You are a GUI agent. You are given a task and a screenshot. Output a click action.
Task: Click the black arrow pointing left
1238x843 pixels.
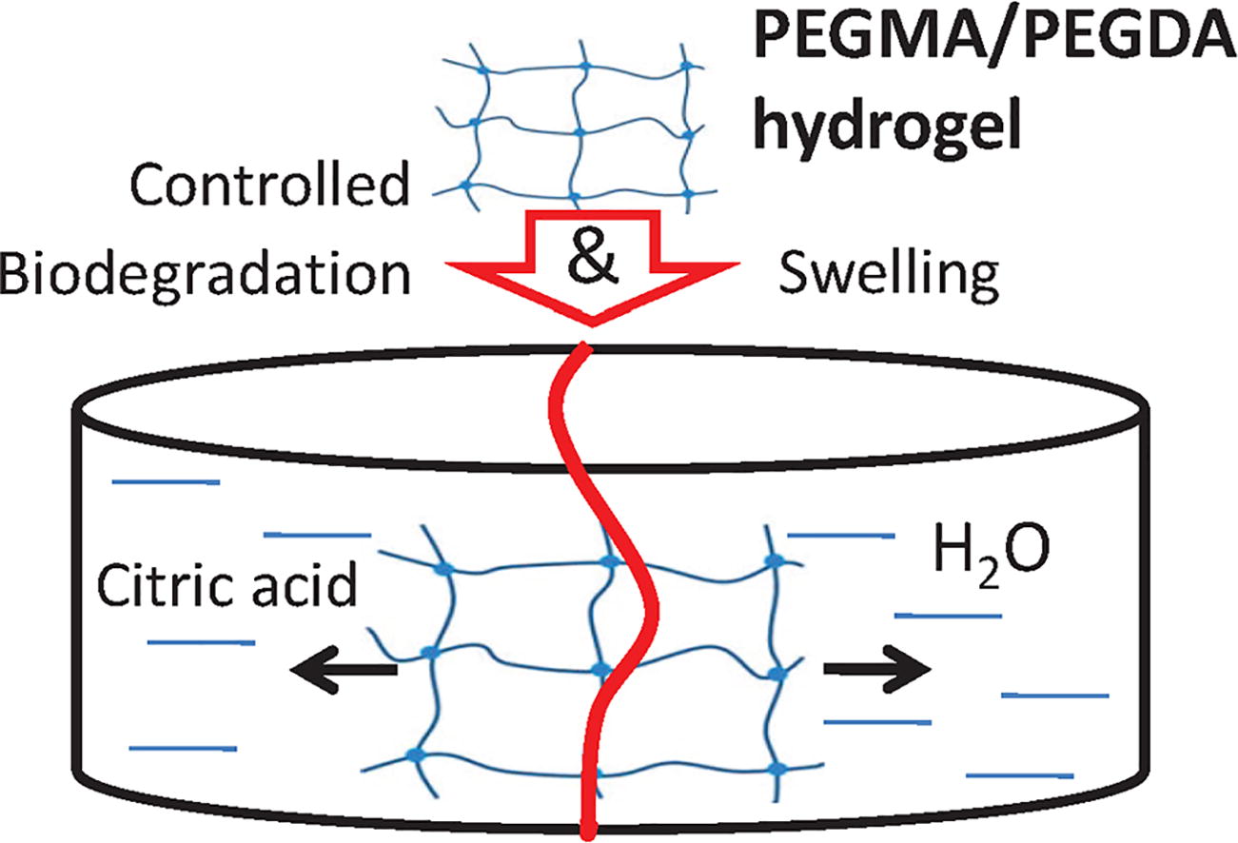point(343,670)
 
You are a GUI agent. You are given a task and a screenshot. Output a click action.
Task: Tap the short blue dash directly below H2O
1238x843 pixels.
point(950,616)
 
